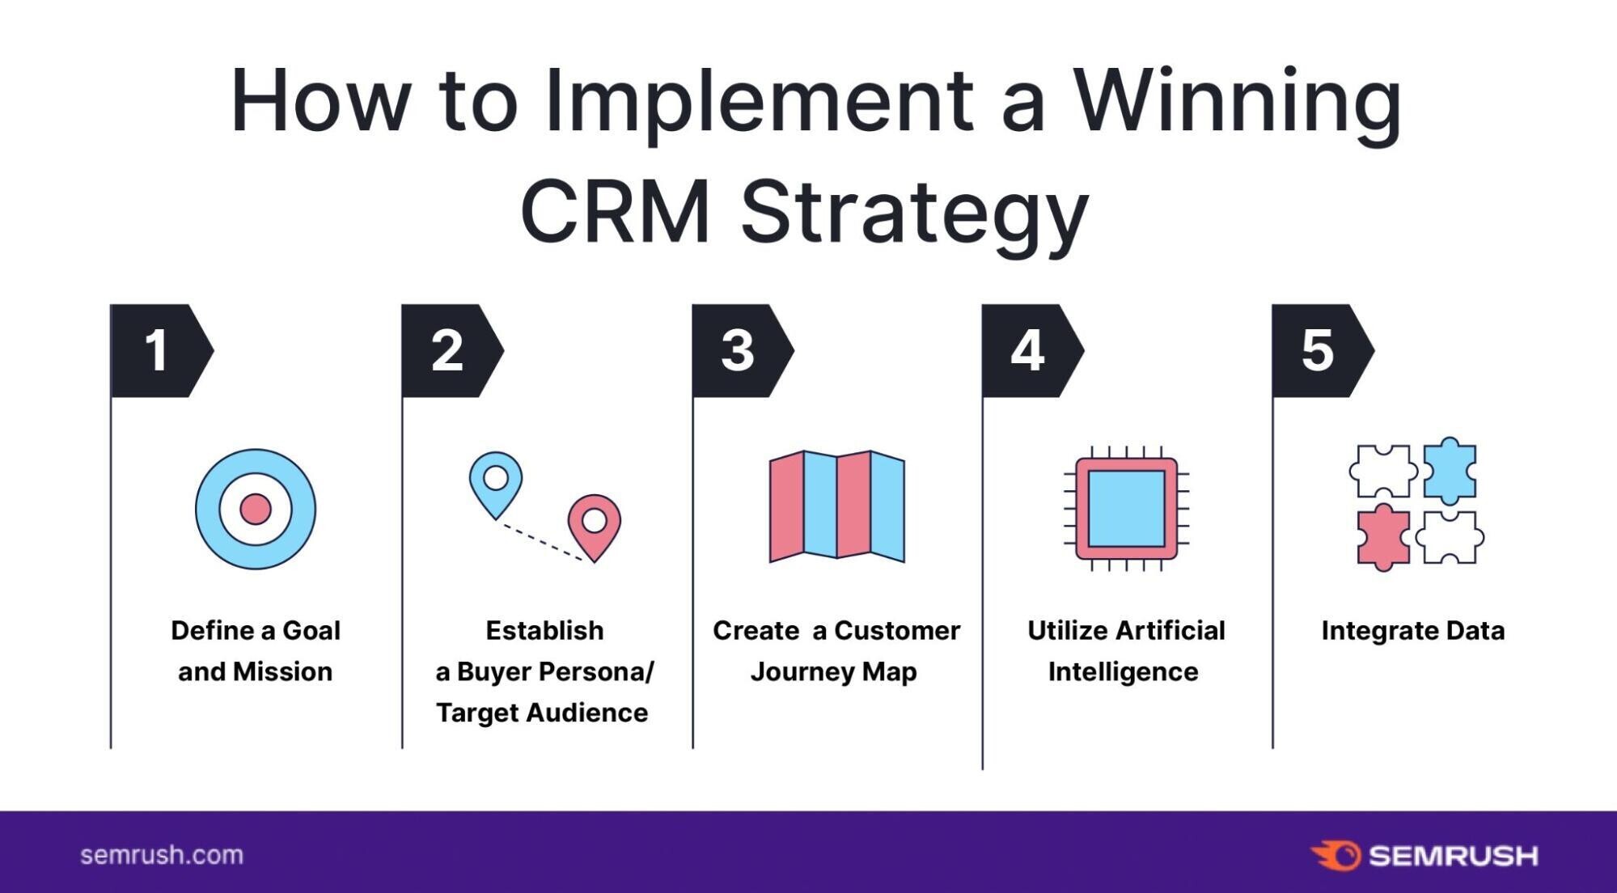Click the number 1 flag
pos(158,351)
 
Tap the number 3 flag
pos(739,351)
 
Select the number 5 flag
pos(1319,351)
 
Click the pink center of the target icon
pos(256,509)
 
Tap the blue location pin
pos(496,480)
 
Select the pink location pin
pos(595,523)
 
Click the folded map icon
pos(837,506)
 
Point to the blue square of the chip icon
pos(1126,508)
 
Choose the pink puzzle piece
pos(1382,537)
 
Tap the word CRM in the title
pos(615,212)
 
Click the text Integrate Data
pos(1412,631)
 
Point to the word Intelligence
pos(1123,671)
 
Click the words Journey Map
pos(833,671)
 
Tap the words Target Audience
pos(542,713)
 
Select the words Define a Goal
pos(256,631)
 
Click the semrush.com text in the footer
pos(162,855)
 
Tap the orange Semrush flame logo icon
pos(1336,855)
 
